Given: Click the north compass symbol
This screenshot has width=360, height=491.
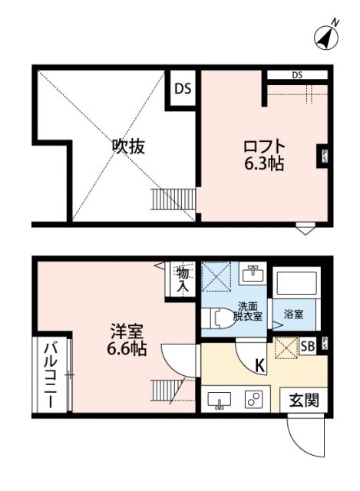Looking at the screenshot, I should tap(328, 35).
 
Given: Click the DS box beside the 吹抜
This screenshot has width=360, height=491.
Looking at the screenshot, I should tap(182, 87).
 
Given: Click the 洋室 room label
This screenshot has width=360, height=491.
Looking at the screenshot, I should tap(127, 333).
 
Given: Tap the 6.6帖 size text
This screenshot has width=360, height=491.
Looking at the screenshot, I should tap(127, 350).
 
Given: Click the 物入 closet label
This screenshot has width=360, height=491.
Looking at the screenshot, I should tap(183, 279).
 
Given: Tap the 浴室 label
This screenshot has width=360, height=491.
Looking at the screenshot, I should tap(294, 314).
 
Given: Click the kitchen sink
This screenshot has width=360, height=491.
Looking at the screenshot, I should tap(220, 400).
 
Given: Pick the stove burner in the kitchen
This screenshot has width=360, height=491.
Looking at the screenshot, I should tap(253, 400).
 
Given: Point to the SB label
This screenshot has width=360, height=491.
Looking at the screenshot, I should tap(308, 347).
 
